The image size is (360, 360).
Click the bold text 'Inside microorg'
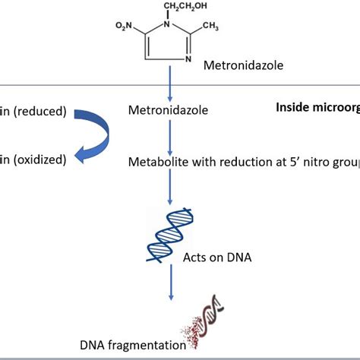pyautogui.click(x=317, y=107)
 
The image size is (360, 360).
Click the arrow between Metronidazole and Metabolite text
pyautogui.click(x=171, y=137)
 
